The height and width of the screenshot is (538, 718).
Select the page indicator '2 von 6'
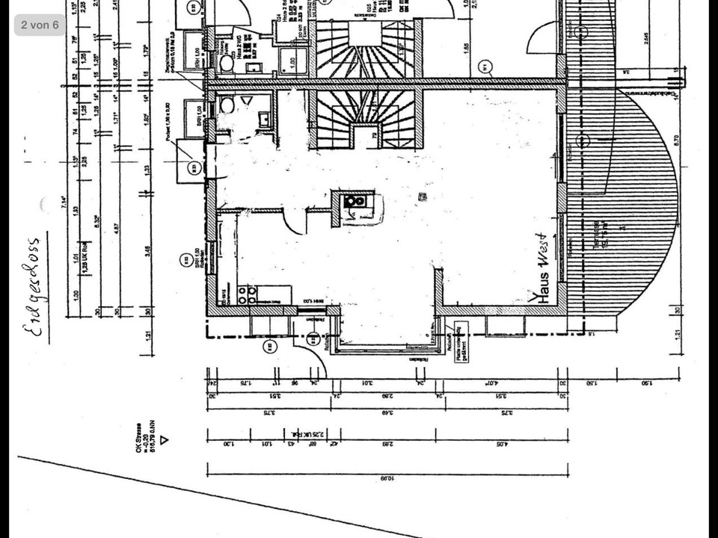pyautogui.click(x=40, y=25)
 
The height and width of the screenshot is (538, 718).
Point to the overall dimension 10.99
pyautogui.click(x=387, y=477)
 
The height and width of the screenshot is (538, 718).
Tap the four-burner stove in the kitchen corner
pyautogui.click(x=248, y=294)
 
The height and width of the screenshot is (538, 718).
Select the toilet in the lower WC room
pyautogui.click(x=227, y=105)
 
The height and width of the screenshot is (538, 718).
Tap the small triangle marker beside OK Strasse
pyautogui.click(x=165, y=440)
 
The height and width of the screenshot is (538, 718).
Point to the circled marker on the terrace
pyautogui.click(x=584, y=140)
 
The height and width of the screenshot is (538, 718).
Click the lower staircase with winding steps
pyautogui.click(x=364, y=118)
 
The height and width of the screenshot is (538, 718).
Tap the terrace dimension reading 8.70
pyautogui.click(x=675, y=140)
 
